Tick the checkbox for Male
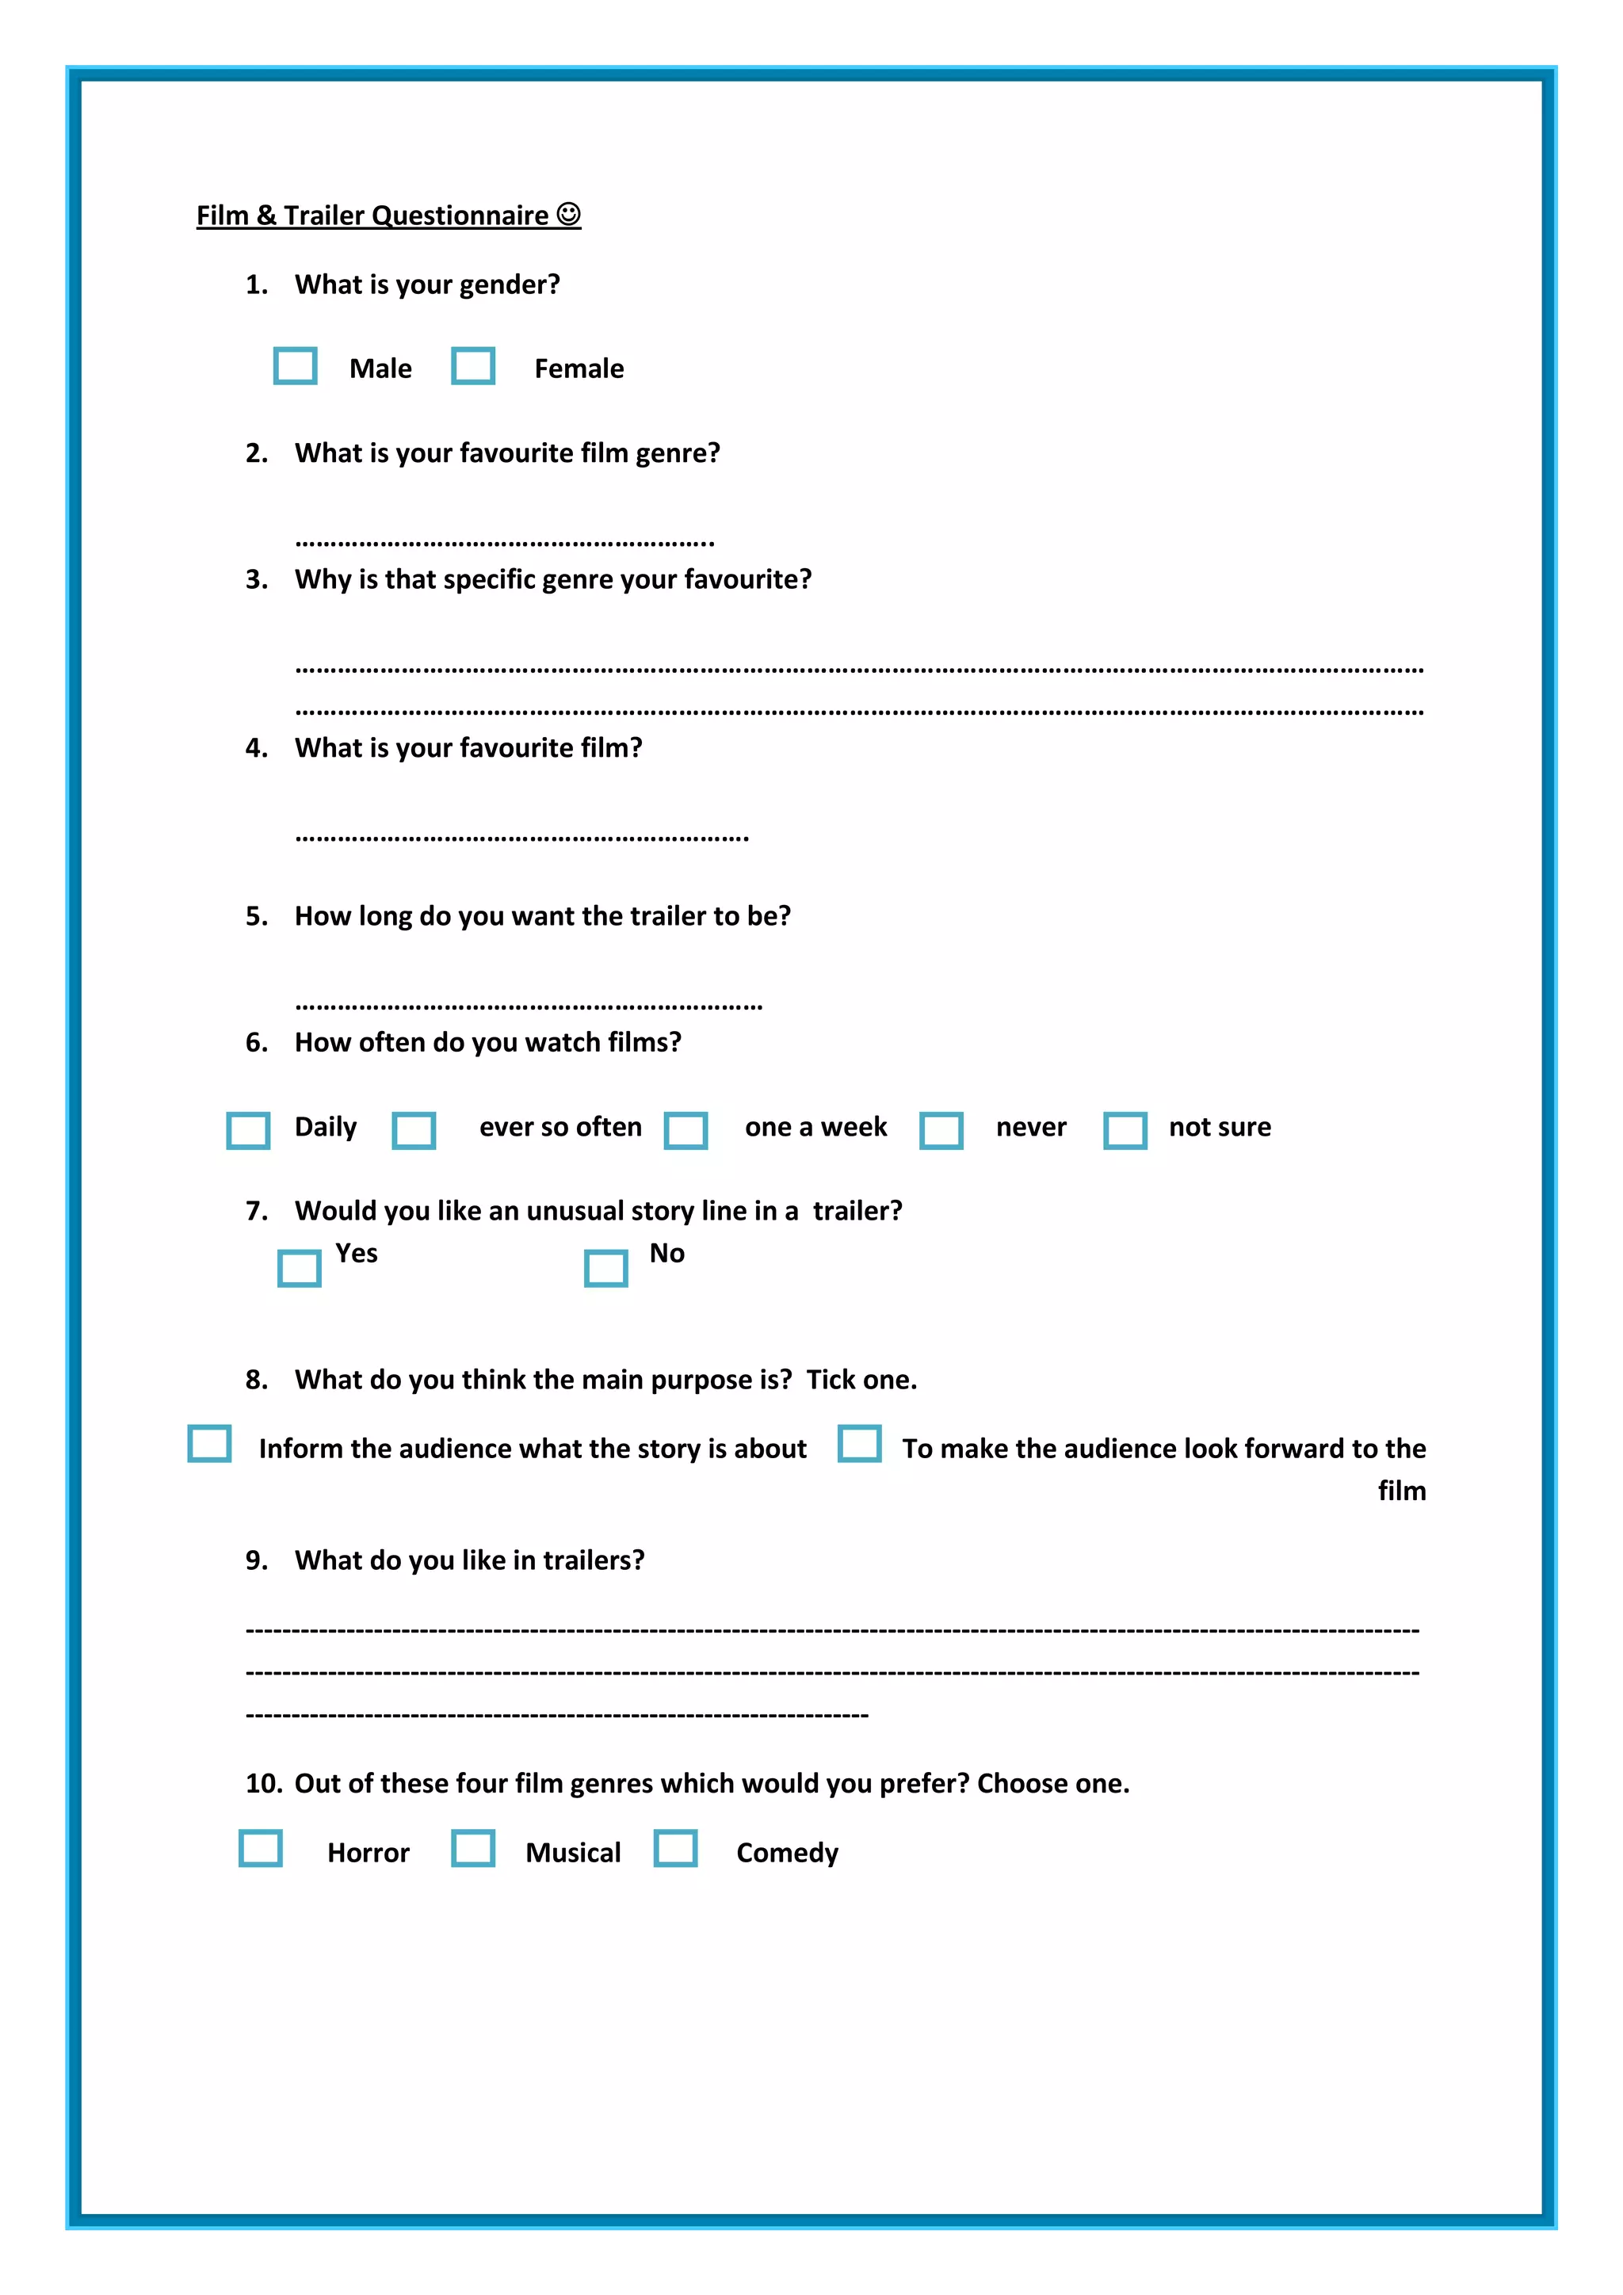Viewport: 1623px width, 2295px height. pos(296,366)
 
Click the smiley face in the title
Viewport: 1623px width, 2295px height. pos(569,214)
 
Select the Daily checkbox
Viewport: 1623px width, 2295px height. pos(249,1131)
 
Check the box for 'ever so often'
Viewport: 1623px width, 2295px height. pos(414,1131)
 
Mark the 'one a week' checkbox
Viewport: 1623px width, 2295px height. pos(686,1131)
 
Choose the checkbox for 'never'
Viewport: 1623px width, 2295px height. pos(941,1131)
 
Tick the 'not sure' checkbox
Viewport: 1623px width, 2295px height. pos(1125,1131)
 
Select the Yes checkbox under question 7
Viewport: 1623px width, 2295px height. pos(299,1269)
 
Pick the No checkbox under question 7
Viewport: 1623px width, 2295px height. pos(605,1269)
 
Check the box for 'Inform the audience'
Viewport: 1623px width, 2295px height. pos(210,1443)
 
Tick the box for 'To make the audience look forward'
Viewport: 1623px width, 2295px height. pos(860,1443)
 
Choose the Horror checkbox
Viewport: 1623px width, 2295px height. pos(261,1848)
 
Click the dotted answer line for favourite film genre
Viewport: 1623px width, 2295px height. pos(505,543)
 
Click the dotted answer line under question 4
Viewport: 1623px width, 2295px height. pos(521,838)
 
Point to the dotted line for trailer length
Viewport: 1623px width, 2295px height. pos(529,1006)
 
